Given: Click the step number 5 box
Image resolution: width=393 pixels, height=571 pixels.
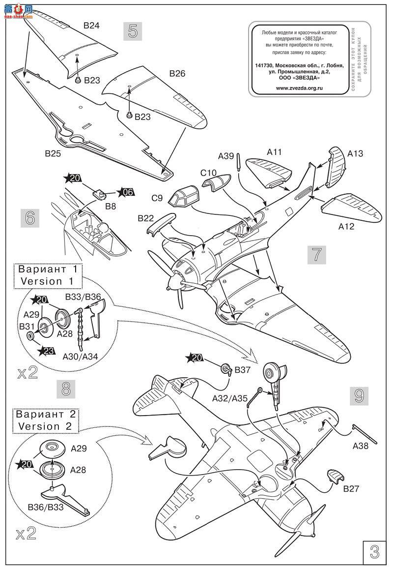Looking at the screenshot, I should [133, 31].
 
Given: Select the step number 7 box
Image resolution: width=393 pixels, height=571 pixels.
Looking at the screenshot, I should [317, 255].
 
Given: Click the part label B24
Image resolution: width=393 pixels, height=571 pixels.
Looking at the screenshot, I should [92, 26].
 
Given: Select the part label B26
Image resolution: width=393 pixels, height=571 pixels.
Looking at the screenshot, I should [177, 74].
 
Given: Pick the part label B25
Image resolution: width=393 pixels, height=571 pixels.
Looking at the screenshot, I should [53, 153].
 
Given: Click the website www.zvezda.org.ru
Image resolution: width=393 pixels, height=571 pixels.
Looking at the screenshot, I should [299, 88].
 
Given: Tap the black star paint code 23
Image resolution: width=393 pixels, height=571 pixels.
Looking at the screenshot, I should [47, 351].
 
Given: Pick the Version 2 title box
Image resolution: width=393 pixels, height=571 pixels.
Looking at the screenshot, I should [47, 420].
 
